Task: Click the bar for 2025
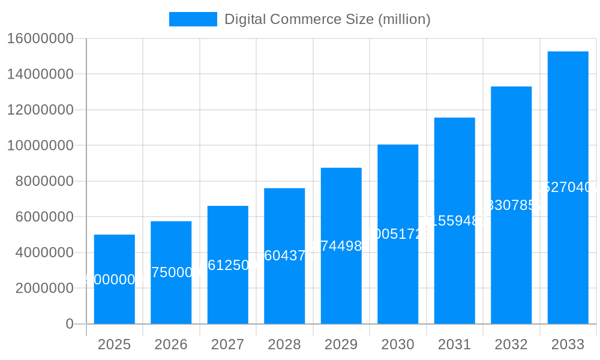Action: point(114,300)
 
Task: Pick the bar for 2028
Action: point(284,288)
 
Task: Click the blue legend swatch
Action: point(193,19)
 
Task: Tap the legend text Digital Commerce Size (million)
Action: point(327,19)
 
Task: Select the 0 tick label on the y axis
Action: point(69,324)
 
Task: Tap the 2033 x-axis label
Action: point(568,344)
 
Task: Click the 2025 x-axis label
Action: point(114,344)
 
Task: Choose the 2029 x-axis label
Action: point(341,344)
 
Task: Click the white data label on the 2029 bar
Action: point(341,246)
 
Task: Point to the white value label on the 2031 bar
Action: point(454,220)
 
